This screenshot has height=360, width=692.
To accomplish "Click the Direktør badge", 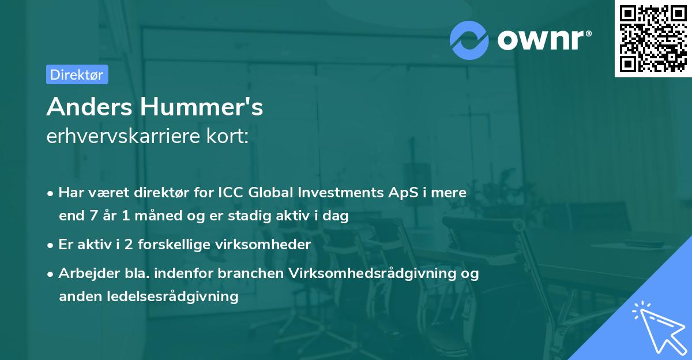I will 77,74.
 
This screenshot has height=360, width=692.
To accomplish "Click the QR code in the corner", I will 653,39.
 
